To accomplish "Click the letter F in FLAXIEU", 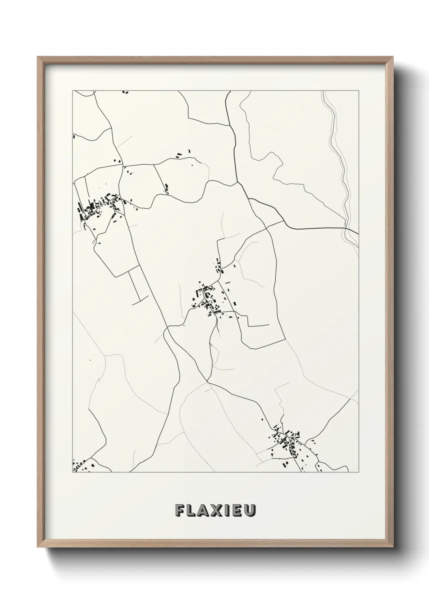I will [180, 510].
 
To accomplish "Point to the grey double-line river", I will [340, 162].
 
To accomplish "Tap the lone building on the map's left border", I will [74, 137].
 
